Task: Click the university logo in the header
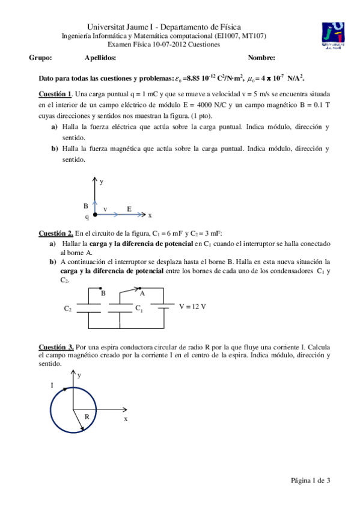point(334,36)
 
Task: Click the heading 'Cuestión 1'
point(55,94)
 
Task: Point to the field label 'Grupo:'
point(40,58)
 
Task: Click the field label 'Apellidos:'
point(100,58)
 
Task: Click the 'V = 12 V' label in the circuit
point(193,306)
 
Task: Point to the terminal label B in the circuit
point(103,293)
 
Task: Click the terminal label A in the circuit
point(142,293)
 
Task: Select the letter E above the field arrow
point(129,208)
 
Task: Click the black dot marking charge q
point(94,214)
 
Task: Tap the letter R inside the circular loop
point(87,416)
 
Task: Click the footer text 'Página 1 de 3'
point(311,480)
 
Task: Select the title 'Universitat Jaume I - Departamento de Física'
point(164,27)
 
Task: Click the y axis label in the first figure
point(102,180)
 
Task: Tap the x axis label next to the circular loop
point(126,419)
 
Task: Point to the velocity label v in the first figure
point(105,209)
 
